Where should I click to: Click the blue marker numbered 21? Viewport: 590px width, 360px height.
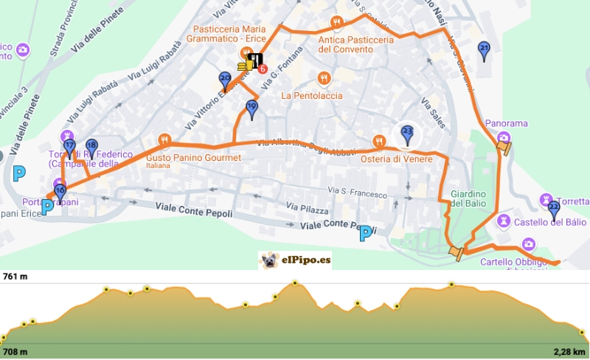pos(484,50)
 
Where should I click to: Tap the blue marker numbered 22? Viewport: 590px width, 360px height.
pos(555,208)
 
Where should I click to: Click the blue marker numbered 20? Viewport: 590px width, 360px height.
pos(226,80)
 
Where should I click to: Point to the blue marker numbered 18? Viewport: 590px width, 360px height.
pos(91,147)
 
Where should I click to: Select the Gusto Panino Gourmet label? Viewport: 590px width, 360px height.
pos(193,159)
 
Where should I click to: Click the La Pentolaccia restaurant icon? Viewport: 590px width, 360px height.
pos(323,78)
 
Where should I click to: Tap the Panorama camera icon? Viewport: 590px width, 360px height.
pos(503,137)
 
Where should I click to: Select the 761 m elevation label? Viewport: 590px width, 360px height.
pos(15,277)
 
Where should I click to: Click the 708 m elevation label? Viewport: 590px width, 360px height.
pos(15,352)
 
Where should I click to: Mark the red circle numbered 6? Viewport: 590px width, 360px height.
pos(263,69)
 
